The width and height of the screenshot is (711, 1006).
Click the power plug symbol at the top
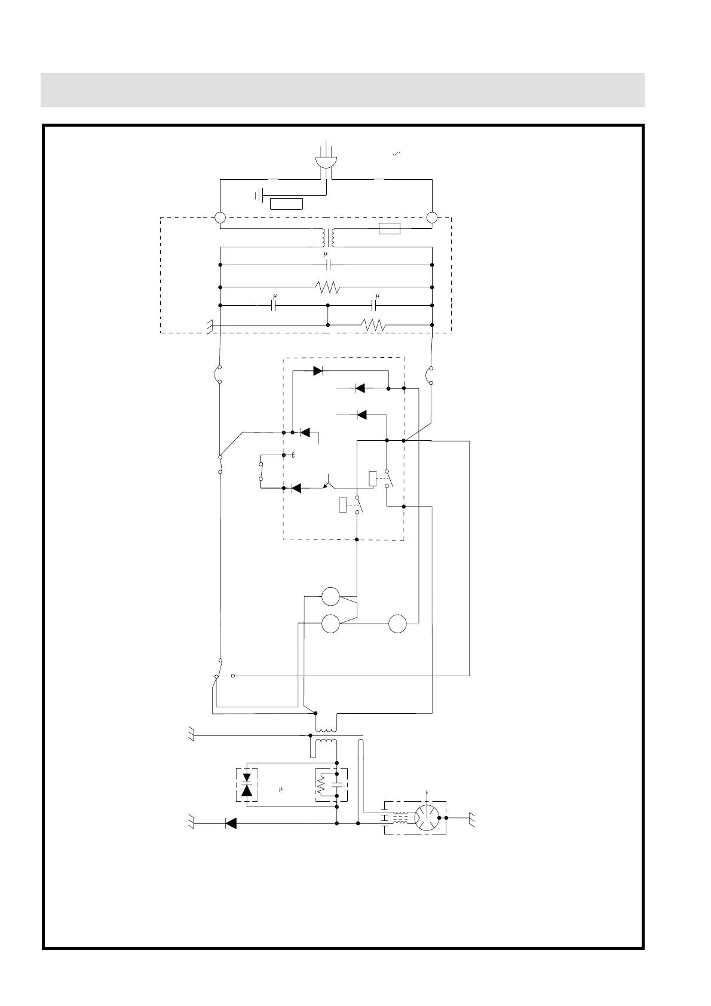coord(326,164)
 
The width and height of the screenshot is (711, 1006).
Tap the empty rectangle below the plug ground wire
coord(286,204)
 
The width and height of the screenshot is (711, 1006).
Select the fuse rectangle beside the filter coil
coord(390,229)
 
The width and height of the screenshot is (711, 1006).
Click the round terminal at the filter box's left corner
coord(220,218)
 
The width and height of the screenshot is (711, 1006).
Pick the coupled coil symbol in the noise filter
coord(326,238)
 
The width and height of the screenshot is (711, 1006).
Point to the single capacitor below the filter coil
coord(326,265)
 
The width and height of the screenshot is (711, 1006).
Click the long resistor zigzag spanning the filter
coord(327,287)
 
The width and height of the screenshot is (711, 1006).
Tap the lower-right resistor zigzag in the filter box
coord(373,326)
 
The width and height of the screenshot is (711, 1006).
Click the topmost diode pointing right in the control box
coord(317,371)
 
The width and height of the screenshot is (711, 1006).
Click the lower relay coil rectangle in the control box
coord(343,505)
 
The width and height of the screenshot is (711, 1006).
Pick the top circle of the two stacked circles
coord(330,596)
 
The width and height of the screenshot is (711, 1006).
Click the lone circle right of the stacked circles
coord(397,624)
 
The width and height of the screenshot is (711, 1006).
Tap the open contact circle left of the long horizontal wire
coord(233,676)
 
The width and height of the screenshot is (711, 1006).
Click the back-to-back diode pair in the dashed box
coord(246,784)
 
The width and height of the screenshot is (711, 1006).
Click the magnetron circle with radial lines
coord(427,817)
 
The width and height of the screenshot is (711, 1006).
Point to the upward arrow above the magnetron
coord(426,793)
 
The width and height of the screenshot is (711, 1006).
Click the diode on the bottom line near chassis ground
coord(231,823)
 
